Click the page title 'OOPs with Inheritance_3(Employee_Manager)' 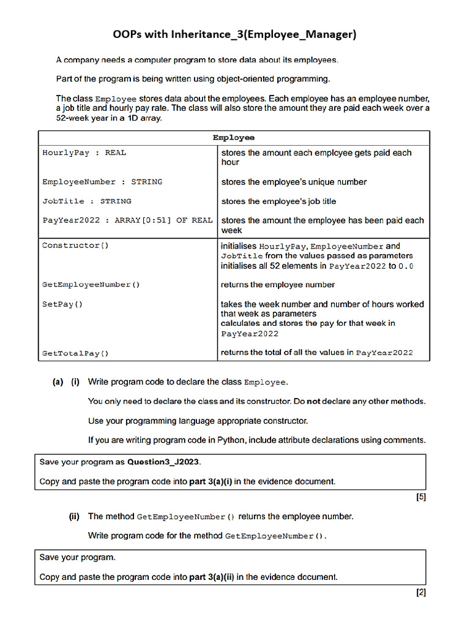pyautogui.click(x=234, y=34)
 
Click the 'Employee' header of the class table pyautogui.click(x=234, y=138)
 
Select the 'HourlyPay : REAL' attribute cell pyautogui.click(x=84, y=152)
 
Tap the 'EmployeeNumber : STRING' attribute pyautogui.click(x=102, y=182)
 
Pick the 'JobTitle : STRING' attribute pyautogui.click(x=86, y=201)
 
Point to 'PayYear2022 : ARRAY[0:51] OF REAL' pyautogui.click(x=127, y=220)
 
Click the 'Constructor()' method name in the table pyautogui.click(x=75, y=246)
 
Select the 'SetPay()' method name pyautogui.click(x=62, y=304)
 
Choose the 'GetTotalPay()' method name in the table pyautogui.click(x=75, y=353)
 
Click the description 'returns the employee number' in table pyautogui.click(x=278, y=285)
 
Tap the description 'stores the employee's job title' pyautogui.click(x=278, y=201)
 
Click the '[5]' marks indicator pyautogui.click(x=420, y=497)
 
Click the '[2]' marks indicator pyautogui.click(x=420, y=593)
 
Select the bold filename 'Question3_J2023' pyautogui.click(x=163, y=462)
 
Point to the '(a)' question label pyautogui.click(x=58, y=382)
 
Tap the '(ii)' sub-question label pyautogui.click(x=74, y=516)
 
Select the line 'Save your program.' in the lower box pyautogui.click(x=77, y=557)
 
